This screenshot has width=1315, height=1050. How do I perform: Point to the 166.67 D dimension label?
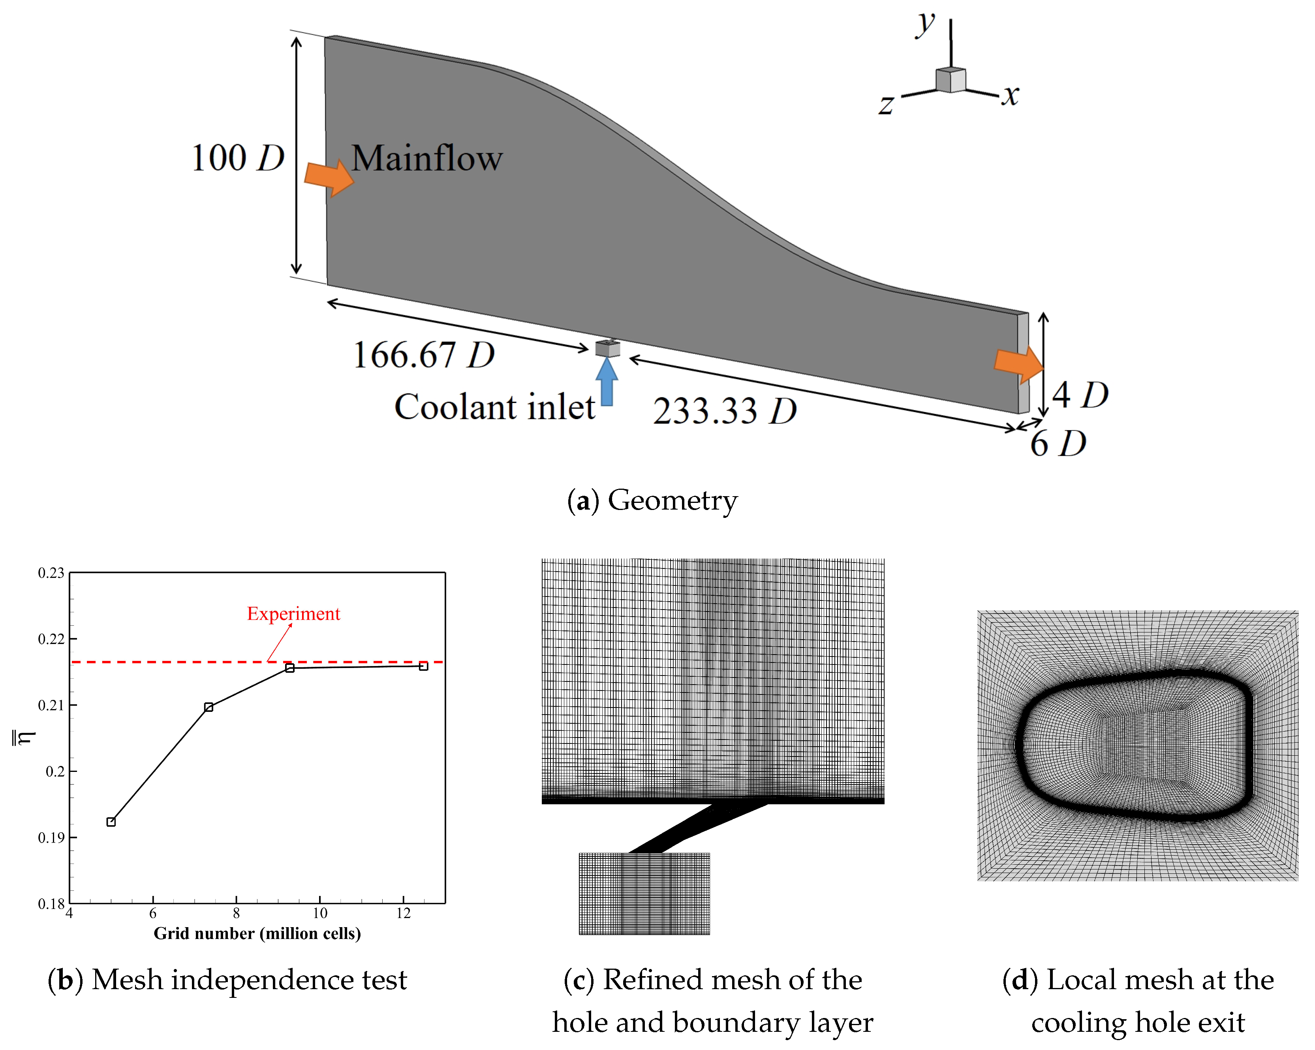(423, 355)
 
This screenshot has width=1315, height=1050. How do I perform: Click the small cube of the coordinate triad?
(950, 80)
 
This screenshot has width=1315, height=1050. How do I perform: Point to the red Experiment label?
(293, 614)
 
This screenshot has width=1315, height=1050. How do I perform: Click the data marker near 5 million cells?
(111, 822)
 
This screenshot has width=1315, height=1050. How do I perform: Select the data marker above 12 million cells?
(423, 666)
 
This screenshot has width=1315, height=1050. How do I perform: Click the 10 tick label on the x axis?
(319, 913)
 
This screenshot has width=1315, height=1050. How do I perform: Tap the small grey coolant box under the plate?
(607, 348)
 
